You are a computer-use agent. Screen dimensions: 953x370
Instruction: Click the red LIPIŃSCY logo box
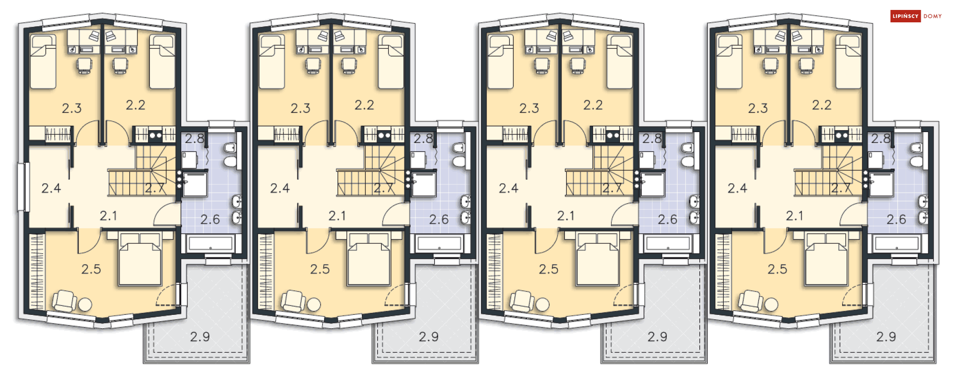pyautogui.click(x=905, y=16)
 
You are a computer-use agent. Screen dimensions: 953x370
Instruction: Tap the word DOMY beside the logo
pyautogui.click(x=933, y=16)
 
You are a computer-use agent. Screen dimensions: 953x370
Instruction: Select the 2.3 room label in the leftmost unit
pyautogui.click(x=71, y=108)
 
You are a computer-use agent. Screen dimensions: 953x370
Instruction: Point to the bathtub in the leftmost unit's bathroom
pyautogui.click(x=210, y=244)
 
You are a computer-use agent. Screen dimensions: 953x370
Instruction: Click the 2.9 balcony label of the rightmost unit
pyautogui.click(x=886, y=337)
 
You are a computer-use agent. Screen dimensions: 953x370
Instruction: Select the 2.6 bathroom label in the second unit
pyautogui.click(x=439, y=219)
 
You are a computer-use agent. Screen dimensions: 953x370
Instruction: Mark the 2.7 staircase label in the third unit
pyautogui.click(x=612, y=188)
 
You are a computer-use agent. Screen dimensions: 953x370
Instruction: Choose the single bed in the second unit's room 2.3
pyautogui.click(x=272, y=62)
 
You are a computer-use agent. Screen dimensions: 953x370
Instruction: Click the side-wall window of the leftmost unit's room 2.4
pyautogui.click(x=21, y=187)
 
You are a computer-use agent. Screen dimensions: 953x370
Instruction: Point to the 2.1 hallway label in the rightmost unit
pyautogui.click(x=794, y=216)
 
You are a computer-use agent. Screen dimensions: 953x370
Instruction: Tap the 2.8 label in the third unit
pyautogui.click(x=652, y=139)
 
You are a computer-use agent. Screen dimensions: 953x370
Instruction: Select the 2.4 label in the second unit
pyautogui.click(x=280, y=188)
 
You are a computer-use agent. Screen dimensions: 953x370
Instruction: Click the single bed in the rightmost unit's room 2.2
pyautogui.click(x=848, y=62)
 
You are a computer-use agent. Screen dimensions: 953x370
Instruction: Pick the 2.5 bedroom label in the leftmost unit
pyautogui.click(x=91, y=269)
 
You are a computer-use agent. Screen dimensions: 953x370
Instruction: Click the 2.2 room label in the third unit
pyautogui.click(x=593, y=105)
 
